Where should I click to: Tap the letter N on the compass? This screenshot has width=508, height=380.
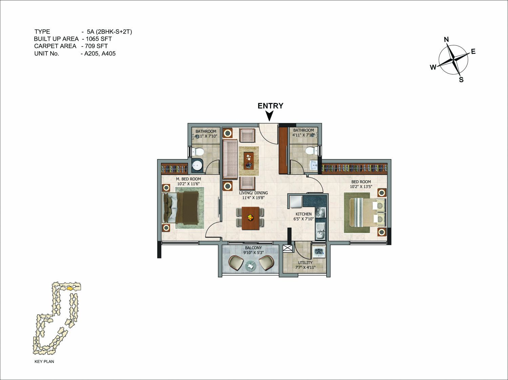(x=446, y=40)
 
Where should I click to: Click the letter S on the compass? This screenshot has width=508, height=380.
(x=461, y=80)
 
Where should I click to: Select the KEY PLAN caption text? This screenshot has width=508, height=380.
(x=44, y=361)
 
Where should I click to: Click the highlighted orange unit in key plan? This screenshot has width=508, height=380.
(x=70, y=289)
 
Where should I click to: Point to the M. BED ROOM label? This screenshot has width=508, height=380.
(x=188, y=179)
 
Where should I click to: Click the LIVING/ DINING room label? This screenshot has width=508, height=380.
(x=253, y=193)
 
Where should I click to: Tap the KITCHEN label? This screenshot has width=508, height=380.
(x=304, y=214)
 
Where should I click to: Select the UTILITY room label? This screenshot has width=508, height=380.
(x=305, y=263)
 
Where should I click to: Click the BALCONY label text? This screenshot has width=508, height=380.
(x=253, y=248)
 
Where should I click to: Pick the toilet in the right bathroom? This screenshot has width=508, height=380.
(x=311, y=151)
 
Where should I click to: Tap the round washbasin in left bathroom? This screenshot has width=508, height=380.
(x=198, y=165)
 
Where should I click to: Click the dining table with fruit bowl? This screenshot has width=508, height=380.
(x=250, y=218)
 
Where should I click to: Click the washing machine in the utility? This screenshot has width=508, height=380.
(x=319, y=252)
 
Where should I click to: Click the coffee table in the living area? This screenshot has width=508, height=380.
(x=249, y=161)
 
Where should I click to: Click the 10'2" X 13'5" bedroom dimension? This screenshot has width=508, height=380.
(x=361, y=187)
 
